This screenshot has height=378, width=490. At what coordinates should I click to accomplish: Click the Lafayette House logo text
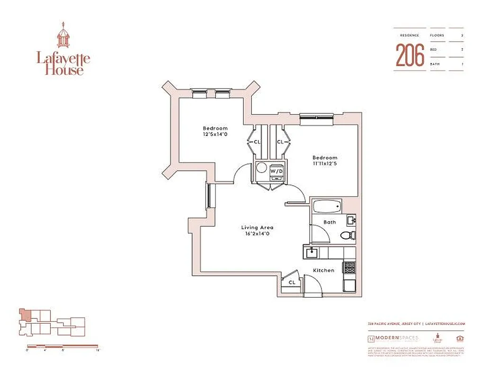click(63, 64)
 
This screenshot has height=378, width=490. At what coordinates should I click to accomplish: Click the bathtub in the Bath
click(326, 206)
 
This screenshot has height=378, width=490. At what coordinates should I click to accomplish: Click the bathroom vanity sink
click(351, 220)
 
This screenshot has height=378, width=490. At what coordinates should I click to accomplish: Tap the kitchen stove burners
click(349, 267)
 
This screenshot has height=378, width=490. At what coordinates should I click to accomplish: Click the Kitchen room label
click(324, 270)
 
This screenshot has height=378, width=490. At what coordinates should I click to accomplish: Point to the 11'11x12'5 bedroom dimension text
click(324, 164)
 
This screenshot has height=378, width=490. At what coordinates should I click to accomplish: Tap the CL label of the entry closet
click(292, 282)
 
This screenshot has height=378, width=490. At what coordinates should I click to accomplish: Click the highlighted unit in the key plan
click(25, 315)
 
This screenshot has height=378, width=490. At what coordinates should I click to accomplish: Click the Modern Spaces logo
click(392, 339)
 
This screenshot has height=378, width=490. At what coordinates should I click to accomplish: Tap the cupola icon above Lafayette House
click(63, 35)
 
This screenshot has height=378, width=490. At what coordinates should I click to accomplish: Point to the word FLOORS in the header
click(437, 35)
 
